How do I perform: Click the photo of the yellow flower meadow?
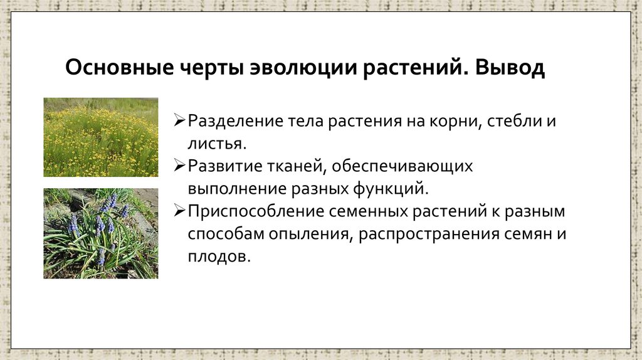100,137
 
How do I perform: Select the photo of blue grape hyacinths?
100,233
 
